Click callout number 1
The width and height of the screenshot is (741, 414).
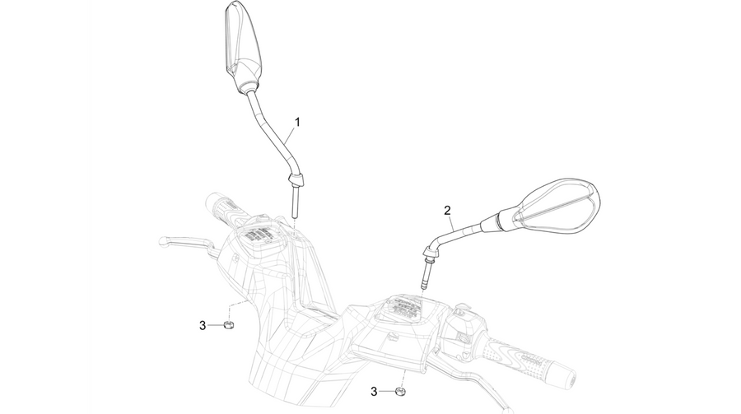(297, 122)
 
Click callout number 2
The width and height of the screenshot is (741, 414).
(447, 210)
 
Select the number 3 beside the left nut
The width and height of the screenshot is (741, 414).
(203, 325)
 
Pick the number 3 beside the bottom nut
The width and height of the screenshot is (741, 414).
(374, 391)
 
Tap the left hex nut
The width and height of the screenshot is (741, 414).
(229, 324)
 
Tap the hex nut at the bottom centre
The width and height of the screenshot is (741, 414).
(400, 391)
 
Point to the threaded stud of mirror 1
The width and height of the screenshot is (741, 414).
(296, 202)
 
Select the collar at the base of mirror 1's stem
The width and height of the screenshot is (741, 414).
(296, 180)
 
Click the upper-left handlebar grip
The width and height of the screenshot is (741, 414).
(224, 207)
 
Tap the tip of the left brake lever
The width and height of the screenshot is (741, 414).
(164, 240)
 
